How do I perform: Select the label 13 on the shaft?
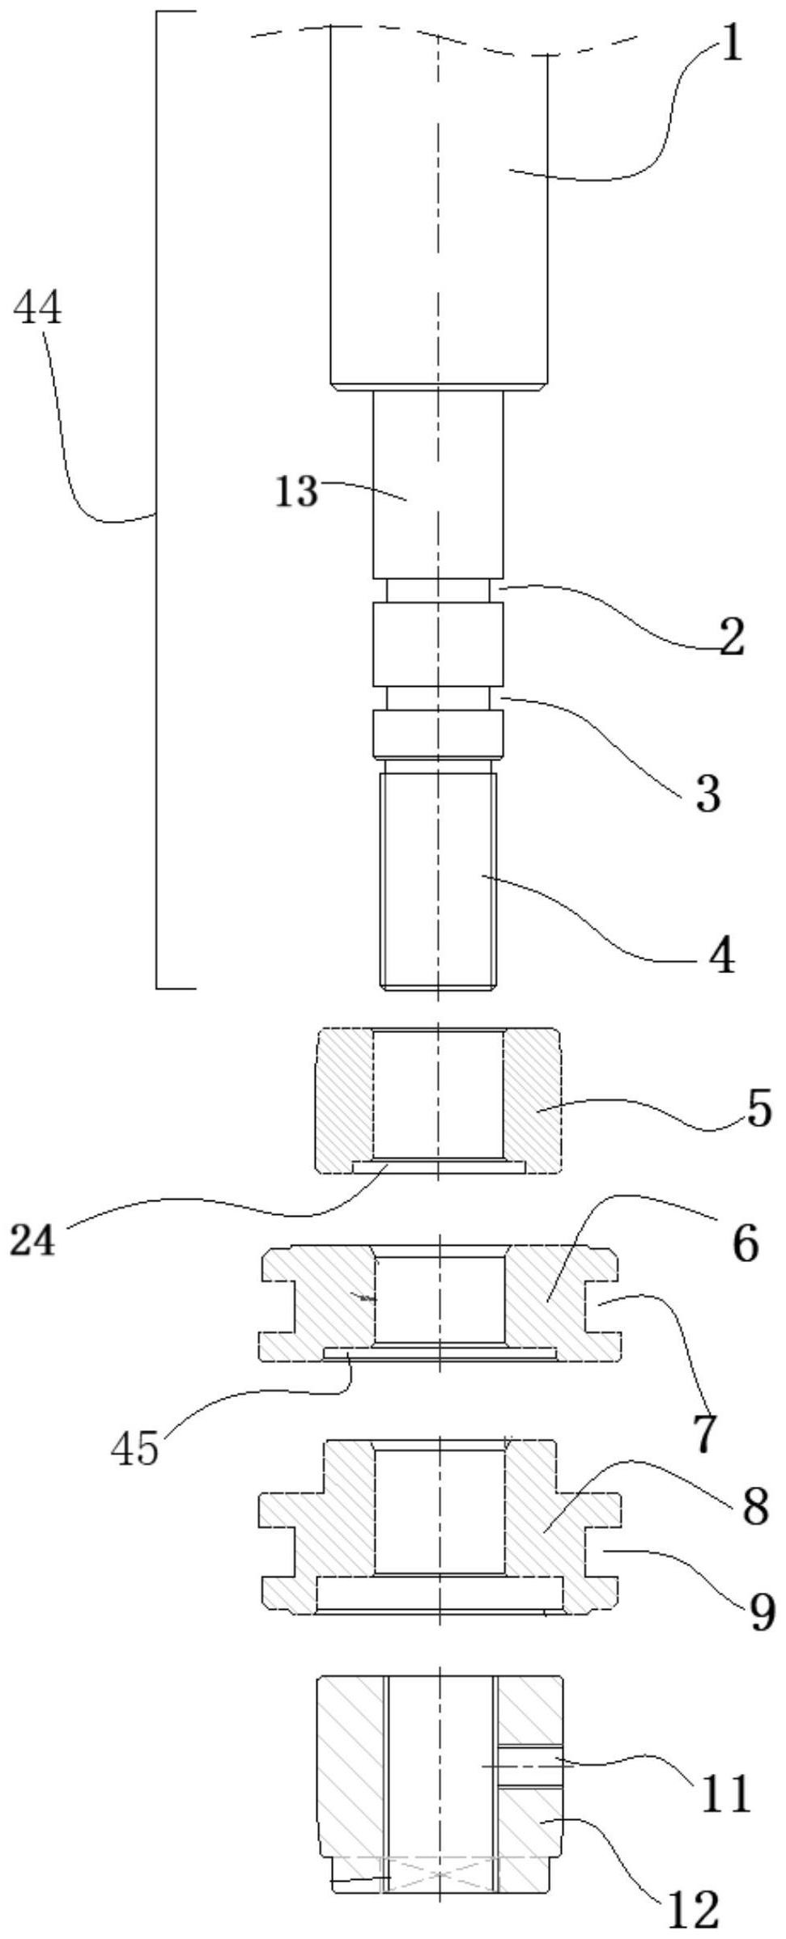[297, 491]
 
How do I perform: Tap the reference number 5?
[758, 1110]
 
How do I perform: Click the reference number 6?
[746, 1243]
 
